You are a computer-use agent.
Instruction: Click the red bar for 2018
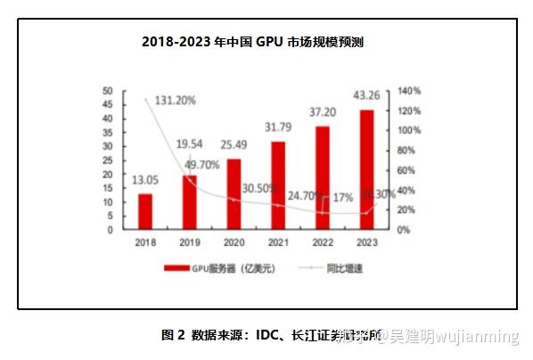[x=144, y=211]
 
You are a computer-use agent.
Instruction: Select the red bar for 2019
[x=189, y=202]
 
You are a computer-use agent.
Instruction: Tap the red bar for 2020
[x=234, y=193]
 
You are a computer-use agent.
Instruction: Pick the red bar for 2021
[x=278, y=185]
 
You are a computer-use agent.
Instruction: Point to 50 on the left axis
[x=107, y=91]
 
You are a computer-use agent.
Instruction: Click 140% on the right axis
[x=409, y=91]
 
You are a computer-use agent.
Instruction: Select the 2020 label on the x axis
[x=234, y=241]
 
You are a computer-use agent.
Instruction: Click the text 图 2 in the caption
[x=173, y=336]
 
